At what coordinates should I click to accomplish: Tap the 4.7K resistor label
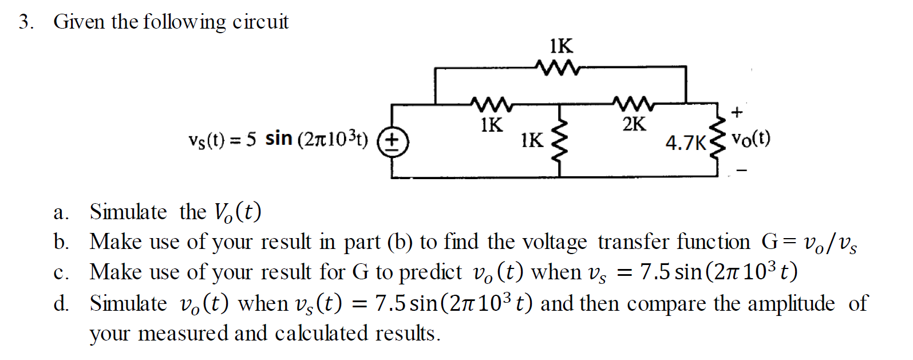[686, 143]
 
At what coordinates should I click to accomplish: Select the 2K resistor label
[633, 124]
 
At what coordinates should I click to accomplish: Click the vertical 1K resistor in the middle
[559, 139]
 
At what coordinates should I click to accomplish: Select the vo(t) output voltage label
[750, 139]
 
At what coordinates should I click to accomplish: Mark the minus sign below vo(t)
[741, 170]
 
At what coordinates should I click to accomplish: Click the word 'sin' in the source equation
[279, 139]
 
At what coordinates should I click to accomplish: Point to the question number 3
[23, 22]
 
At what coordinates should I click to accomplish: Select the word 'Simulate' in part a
[128, 212]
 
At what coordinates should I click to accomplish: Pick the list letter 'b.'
[61, 243]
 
